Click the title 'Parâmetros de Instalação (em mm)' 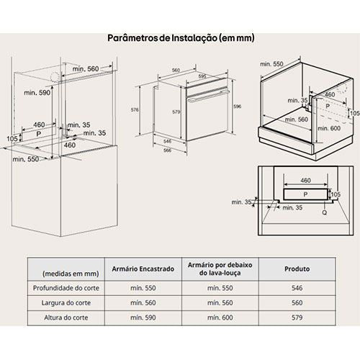[181, 38]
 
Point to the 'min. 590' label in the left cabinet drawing [37, 92]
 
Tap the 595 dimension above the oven [202, 76]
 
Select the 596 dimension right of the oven [237, 107]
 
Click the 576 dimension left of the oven [135, 110]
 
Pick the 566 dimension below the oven [167, 150]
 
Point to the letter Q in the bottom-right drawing [324, 212]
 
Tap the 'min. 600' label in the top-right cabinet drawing [329, 128]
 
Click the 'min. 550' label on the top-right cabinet [271, 64]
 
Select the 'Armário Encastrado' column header [143, 269]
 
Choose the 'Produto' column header [297, 269]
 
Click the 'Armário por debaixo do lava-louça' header [220, 269]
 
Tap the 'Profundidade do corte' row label [66, 288]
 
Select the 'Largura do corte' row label [66, 303]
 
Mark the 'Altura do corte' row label [66, 318]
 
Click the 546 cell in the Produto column [297, 288]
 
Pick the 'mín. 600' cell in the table [220, 318]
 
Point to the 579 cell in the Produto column [297, 318]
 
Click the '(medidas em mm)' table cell [71, 274]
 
